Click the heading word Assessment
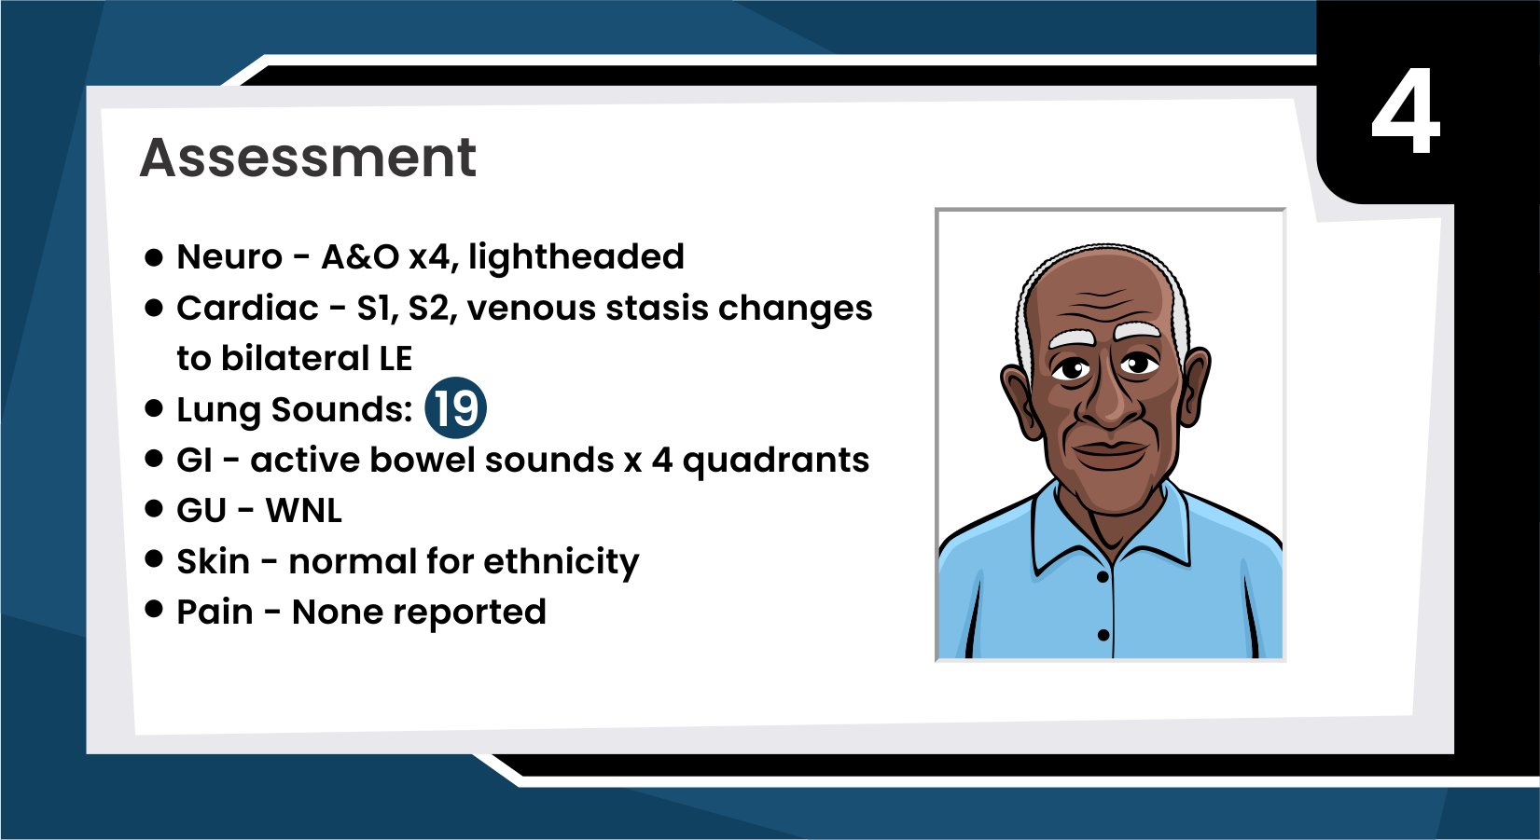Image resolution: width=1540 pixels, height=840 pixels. pyautogui.click(x=308, y=158)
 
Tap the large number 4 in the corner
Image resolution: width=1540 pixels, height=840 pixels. pyautogui.click(x=1406, y=111)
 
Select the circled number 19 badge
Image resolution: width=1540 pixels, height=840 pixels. pyautogui.click(x=456, y=407)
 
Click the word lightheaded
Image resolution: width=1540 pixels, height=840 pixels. pyautogui.click(x=576, y=257)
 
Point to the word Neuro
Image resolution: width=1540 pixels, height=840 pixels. pyautogui.click(x=229, y=257)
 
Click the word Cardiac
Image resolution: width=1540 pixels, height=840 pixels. pyautogui.click(x=247, y=308)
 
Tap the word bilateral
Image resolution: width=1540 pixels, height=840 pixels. pyautogui.click(x=295, y=359)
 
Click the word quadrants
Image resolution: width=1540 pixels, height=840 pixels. pyautogui.click(x=775, y=461)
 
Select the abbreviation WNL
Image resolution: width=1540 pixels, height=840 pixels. pyautogui.click(x=303, y=511)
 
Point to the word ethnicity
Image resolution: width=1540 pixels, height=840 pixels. pyautogui.click(x=561, y=562)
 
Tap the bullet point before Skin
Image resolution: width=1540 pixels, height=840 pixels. pyautogui.click(x=154, y=558)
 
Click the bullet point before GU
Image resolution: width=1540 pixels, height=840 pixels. pyautogui.click(x=154, y=509)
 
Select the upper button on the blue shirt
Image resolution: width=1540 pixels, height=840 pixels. pyautogui.click(x=1102, y=577)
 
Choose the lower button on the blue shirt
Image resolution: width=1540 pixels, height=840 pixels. pyautogui.click(x=1103, y=635)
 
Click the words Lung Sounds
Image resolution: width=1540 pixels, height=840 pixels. pyautogui.click(x=294, y=410)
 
